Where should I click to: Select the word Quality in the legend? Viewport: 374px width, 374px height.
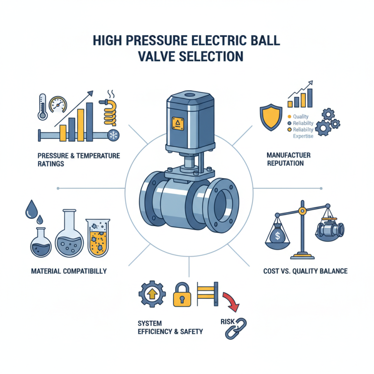coord(301,117)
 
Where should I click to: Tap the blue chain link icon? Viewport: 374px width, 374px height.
coord(236,328)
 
